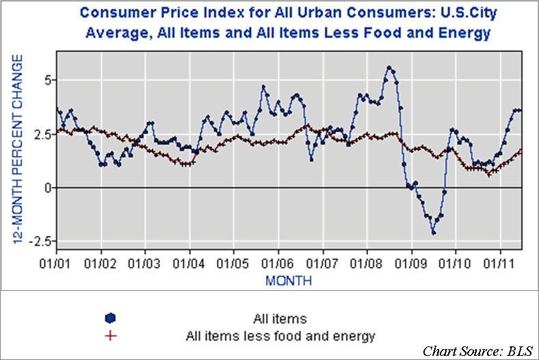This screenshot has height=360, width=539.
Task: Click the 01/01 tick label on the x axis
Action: [x=57, y=263]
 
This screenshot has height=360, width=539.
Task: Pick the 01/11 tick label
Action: [x=500, y=263]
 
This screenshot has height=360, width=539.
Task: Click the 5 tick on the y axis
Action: [x=47, y=80]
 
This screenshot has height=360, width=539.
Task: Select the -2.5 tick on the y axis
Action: [x=41, y=242]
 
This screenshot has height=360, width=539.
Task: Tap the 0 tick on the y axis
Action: [x=47, y=188]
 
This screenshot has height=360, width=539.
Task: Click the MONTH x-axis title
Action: [x=289, y=281]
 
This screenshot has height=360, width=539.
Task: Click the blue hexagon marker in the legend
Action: [x=110, y=318]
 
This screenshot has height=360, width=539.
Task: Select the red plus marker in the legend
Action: [x=110, y=335]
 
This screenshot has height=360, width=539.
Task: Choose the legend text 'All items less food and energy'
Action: [x=280, y=335]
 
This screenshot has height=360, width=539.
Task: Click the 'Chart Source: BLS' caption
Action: [x=476, y=351]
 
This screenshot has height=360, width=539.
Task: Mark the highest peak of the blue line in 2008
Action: [x=389, y=67]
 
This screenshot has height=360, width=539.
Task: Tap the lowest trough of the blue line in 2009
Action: [x=434, y=233]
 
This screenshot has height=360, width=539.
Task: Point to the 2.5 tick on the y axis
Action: [x=42, y=133]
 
